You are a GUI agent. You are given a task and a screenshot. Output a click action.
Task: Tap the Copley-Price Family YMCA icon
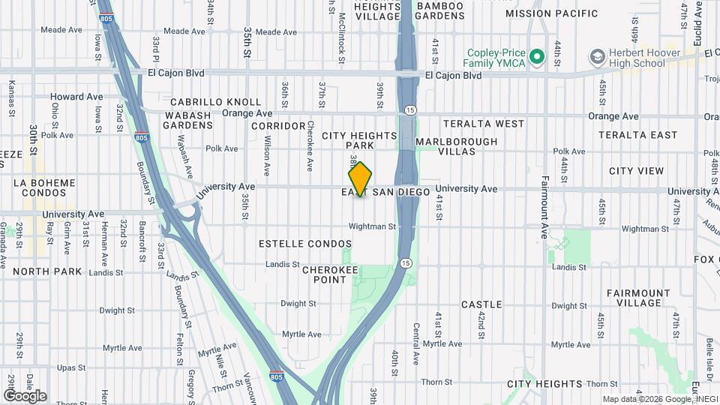[537, 57]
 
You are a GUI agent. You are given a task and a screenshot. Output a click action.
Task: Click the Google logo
[25, 396]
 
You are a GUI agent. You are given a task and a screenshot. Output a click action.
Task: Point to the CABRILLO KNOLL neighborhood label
[215, 102]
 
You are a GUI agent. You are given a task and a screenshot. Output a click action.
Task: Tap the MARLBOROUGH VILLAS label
[456, 146]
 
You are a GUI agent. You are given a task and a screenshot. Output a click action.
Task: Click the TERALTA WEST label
[484, 123]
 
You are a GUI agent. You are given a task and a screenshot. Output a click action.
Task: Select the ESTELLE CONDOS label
[304, 244]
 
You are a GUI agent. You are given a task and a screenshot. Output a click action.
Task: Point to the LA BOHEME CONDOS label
[44, 187]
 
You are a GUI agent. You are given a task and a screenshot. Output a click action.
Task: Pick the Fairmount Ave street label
[544, 206]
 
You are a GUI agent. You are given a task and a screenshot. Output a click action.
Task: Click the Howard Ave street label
[76, 97]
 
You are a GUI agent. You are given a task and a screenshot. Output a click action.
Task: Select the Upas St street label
[73, 368]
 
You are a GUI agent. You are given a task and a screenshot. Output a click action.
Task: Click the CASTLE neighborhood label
[481, 304]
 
